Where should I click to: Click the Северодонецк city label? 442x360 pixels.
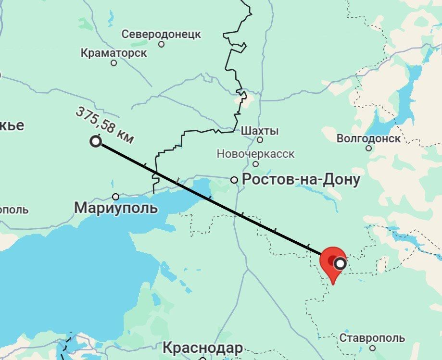click(x=161, y=34)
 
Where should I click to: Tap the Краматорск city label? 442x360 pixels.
click(x=114, y=52)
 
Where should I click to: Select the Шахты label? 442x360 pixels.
click(x=260, y=131)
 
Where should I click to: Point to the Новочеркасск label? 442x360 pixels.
click(x=255, y=154)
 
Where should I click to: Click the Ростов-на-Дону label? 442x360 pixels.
click(x=301, y=180)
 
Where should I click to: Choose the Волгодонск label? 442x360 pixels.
click(x=368, y=138)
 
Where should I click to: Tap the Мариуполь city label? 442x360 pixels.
click(x=115, y=208)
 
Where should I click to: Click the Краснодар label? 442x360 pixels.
click(x=202, y=347)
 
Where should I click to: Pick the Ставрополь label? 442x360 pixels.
click(x=372, y=337)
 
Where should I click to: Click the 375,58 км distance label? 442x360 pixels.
click(x=104, y=125)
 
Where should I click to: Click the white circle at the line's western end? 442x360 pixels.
click(x=96, y=141)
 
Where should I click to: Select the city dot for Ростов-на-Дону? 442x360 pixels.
click(x=234, y=180)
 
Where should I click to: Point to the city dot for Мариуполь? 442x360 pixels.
click(x=115, y=197)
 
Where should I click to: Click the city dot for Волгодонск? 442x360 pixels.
click(x=368, y=148)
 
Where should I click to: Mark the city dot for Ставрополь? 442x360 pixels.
click(x=372, y=348)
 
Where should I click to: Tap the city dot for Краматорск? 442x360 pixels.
click(x=114, y=62)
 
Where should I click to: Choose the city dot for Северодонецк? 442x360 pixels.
click(x=161, y=44)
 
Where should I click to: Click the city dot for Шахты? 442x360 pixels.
click(x=260, y=140)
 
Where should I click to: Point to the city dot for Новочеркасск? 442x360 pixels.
click(x=255, y=164)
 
